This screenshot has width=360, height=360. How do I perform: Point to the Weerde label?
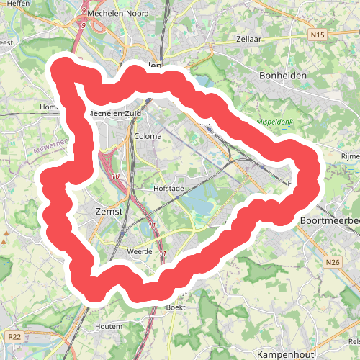[140, 251]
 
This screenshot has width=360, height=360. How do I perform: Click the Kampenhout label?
[287, 355]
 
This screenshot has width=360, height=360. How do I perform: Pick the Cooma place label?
[148, 135]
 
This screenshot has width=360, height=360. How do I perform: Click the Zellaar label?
[247, 40]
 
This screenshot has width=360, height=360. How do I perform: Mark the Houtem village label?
[109, 326]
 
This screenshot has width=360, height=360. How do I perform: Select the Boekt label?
[176, 307]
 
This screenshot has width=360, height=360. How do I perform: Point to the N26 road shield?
[332, 263]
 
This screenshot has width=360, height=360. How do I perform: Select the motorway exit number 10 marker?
[115, 176]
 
